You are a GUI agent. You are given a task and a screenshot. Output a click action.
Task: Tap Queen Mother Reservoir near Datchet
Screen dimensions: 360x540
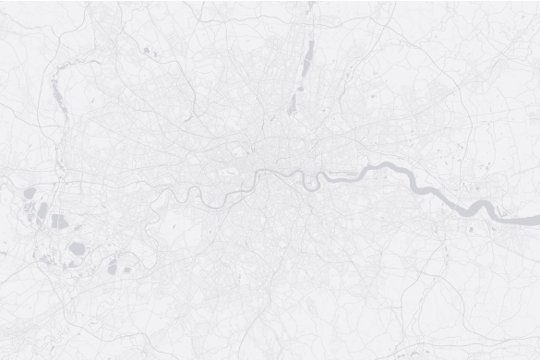pos(29,194)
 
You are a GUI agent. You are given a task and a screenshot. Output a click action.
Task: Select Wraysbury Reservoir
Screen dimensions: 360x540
pos(42,211)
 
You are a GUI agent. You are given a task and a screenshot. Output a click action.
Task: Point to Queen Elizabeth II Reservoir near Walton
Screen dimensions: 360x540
pos(113,267)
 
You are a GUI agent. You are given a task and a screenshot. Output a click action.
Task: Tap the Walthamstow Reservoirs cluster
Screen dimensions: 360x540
pos(294,100)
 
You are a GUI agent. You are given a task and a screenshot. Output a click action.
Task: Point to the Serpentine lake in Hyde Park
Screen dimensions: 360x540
pos(233,170)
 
